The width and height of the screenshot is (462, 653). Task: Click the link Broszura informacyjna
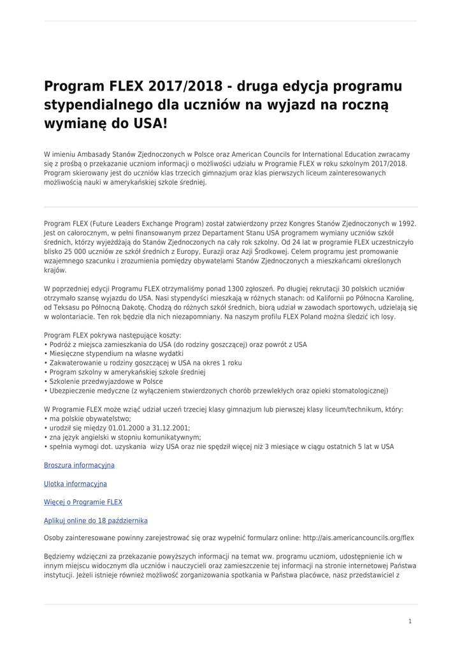79,466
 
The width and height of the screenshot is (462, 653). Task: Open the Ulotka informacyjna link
75,484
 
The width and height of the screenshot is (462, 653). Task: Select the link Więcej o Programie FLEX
83,503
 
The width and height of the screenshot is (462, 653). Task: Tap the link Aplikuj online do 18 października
96,521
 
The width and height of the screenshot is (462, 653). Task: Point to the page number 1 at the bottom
410,620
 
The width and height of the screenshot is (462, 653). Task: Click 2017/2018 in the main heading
180,86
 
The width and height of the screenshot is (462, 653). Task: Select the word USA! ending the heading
149,122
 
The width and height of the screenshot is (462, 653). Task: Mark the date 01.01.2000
127,428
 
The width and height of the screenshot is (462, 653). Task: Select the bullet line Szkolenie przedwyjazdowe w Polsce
104,381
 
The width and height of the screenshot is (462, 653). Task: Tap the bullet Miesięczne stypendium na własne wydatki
113,353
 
